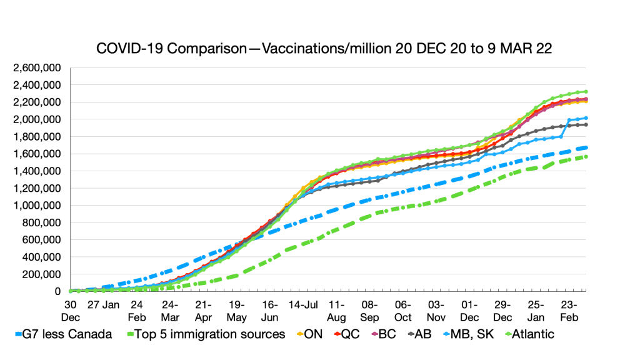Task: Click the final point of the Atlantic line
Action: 585,91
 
